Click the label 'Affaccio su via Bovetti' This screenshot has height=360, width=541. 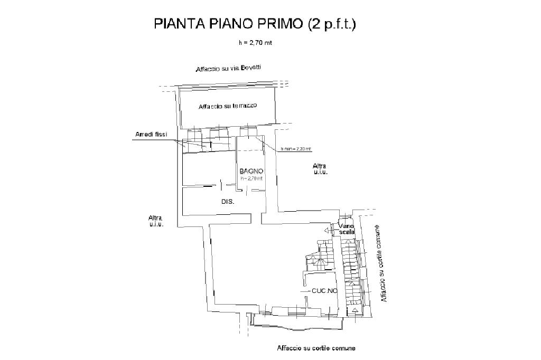pos(229,69)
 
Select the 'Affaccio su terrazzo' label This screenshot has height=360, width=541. pos(228,106)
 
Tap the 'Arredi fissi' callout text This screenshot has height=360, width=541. pos(147,135)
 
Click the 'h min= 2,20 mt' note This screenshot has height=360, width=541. pos(296,149)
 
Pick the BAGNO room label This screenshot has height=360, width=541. pos(251,171)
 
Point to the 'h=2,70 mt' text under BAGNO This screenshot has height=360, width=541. pos(251,178)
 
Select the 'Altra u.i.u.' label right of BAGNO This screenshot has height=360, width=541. pos(320,169)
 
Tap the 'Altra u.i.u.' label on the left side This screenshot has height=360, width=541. pos(156,221)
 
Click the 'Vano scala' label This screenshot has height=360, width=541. pos(347,229)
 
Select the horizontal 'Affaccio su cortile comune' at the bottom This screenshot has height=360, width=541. pos(316,348)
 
